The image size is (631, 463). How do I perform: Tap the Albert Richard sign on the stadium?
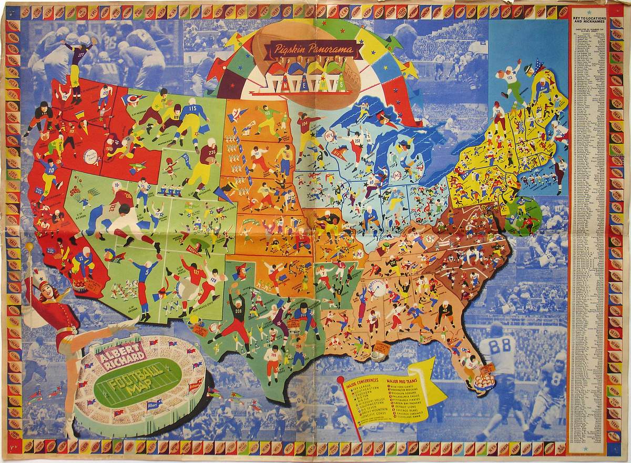point(121,356)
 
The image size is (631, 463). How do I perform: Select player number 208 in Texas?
point(238,305)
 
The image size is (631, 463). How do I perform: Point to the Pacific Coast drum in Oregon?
point(90,157)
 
